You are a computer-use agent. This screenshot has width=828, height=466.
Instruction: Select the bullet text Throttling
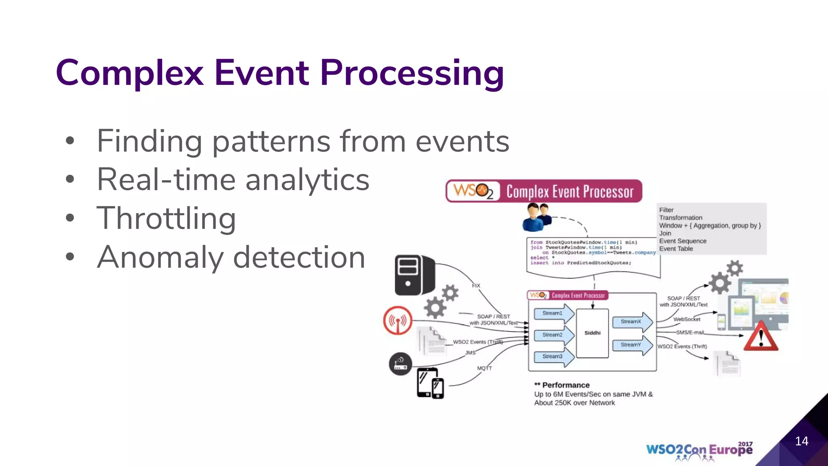[166, 218]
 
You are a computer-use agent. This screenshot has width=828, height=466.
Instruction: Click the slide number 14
[801, 441]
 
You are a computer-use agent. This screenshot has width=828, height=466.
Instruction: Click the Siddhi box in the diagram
[592, 333]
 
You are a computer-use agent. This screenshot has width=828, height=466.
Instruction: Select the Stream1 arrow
[553, 313]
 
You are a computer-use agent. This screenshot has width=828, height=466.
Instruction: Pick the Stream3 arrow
[553, 356]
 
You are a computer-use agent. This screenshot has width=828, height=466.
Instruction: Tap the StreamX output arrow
[632, 322]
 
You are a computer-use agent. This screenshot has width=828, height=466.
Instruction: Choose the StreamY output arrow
[632, 345]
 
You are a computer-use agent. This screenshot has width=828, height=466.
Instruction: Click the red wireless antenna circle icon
[398, 321]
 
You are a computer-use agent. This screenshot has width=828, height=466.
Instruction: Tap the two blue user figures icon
[537, 217]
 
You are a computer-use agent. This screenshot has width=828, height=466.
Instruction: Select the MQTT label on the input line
[484, 368]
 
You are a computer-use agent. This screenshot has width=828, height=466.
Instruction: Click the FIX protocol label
[476, 286]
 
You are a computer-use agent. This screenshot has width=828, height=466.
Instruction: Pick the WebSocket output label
[686, 319]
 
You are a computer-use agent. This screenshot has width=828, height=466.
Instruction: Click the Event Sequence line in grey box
[682, 241]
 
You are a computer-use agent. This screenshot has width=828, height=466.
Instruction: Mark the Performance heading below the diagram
[562, 385]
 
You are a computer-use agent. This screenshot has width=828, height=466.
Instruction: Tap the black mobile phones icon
[430, 383]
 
